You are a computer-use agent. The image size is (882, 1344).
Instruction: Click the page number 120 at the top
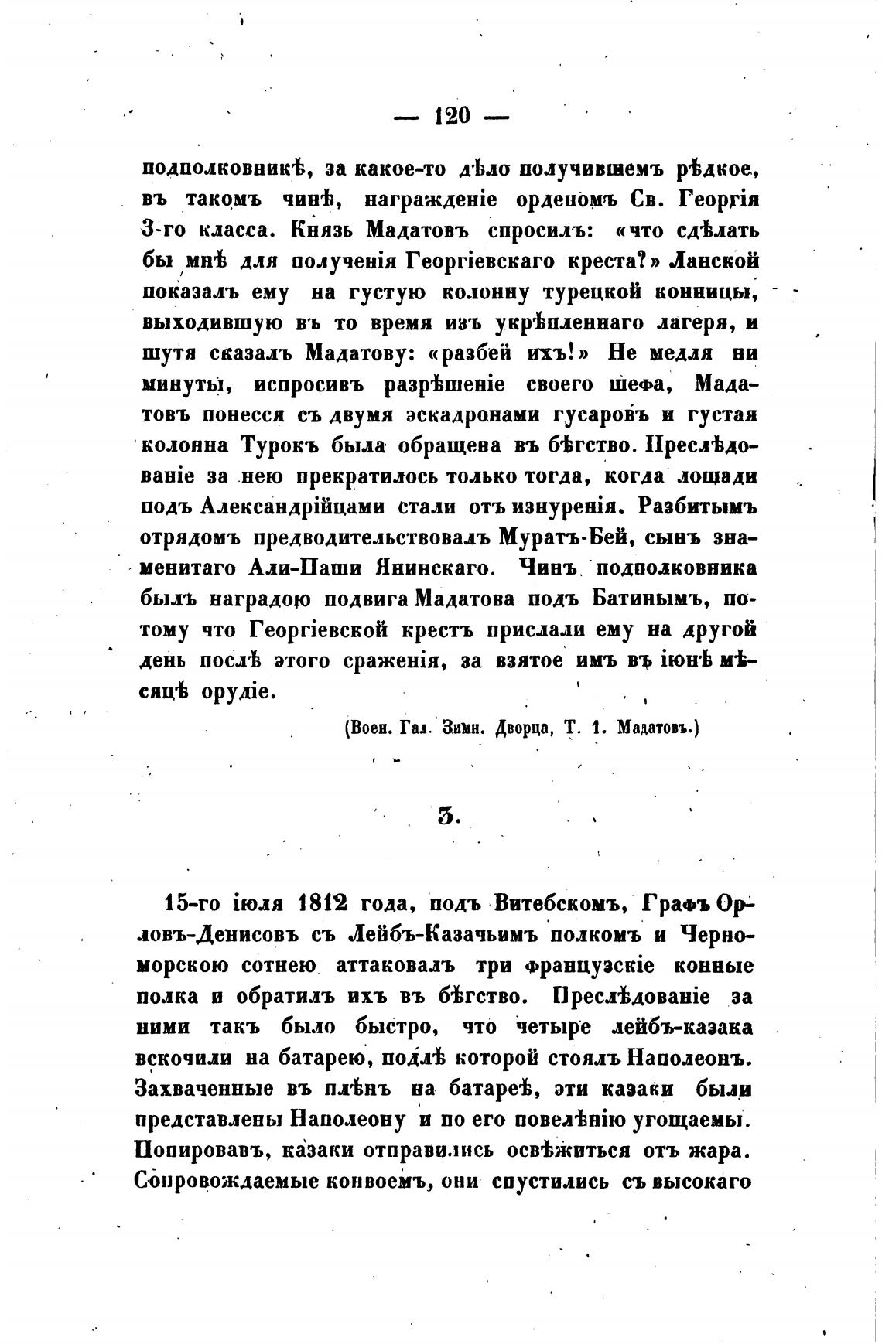452,116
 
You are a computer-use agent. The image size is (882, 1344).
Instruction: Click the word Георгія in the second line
719,200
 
